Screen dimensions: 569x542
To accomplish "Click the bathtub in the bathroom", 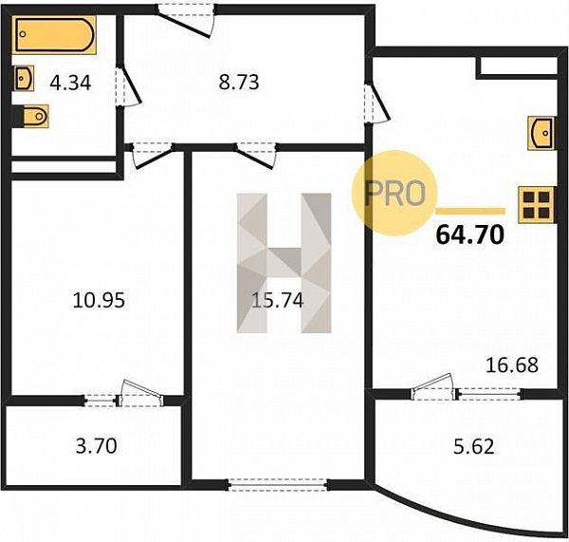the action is tap(54, 34).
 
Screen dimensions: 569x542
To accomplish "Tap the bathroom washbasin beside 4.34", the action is tap(24, 78).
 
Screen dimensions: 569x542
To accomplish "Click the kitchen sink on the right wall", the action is tap(541, 133).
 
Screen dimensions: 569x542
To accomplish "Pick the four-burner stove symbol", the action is tap(536, 205).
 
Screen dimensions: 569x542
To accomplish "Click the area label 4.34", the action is tap(70, 83).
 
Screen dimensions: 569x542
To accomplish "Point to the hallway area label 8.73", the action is tap(239, 82).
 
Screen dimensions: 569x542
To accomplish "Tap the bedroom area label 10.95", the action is tap(99, 300).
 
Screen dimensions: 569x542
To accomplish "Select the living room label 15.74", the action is tap(277, 300).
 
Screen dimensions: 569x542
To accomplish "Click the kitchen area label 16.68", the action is tap(512, 365).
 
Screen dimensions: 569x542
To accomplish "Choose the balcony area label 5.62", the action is tap(474, 446).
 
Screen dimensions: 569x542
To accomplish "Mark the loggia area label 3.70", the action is tap(96, 446).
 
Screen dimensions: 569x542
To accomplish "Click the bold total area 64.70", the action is tap(470, 234).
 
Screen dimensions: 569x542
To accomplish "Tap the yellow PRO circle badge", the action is tap(395, 193).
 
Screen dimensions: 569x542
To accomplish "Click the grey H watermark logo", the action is tap(284, 263).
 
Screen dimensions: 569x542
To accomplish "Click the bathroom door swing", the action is tap(128, 86).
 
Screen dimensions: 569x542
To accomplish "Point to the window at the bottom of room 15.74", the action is tap(278, 485).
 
